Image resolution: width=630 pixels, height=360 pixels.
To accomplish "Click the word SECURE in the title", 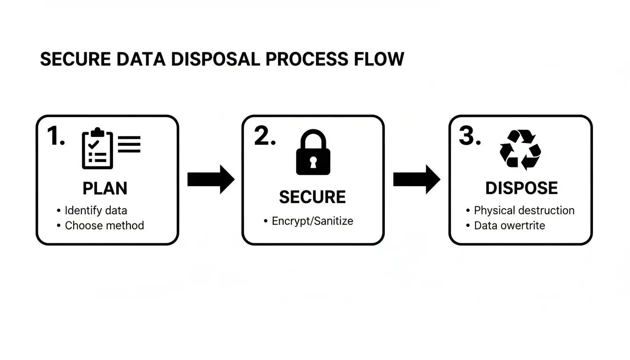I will click(75, 60).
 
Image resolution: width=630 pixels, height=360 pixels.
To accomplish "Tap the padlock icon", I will click(313, 153).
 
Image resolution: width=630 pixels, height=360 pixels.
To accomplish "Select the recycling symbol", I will click(520, 150).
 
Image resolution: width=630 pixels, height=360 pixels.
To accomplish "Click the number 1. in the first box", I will click(56, 136).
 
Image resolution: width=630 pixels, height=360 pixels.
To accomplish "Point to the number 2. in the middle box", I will click(264, 136).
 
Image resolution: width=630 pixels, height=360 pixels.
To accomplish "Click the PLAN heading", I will click(105, 188).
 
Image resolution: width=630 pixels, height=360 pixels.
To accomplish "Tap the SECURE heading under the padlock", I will click(312, 197).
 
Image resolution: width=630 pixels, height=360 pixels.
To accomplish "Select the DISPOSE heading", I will click(521, 188).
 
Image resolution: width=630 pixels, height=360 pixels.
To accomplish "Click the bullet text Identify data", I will click(96, 210).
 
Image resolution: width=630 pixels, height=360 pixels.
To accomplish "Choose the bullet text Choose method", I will click(104, 225).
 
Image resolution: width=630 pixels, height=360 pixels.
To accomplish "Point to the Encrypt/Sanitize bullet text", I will click(312, 221).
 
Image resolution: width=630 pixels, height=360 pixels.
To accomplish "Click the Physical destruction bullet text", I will click(524, 210).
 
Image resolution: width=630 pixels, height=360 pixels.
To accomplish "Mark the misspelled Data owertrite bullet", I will click(510, 225).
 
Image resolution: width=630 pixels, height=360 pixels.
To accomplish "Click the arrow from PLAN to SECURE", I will click(210, 179).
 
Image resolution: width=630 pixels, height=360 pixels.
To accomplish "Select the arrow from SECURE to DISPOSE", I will click(416, 179).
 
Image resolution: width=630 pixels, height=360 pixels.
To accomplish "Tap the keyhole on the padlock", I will click(313, 162).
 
